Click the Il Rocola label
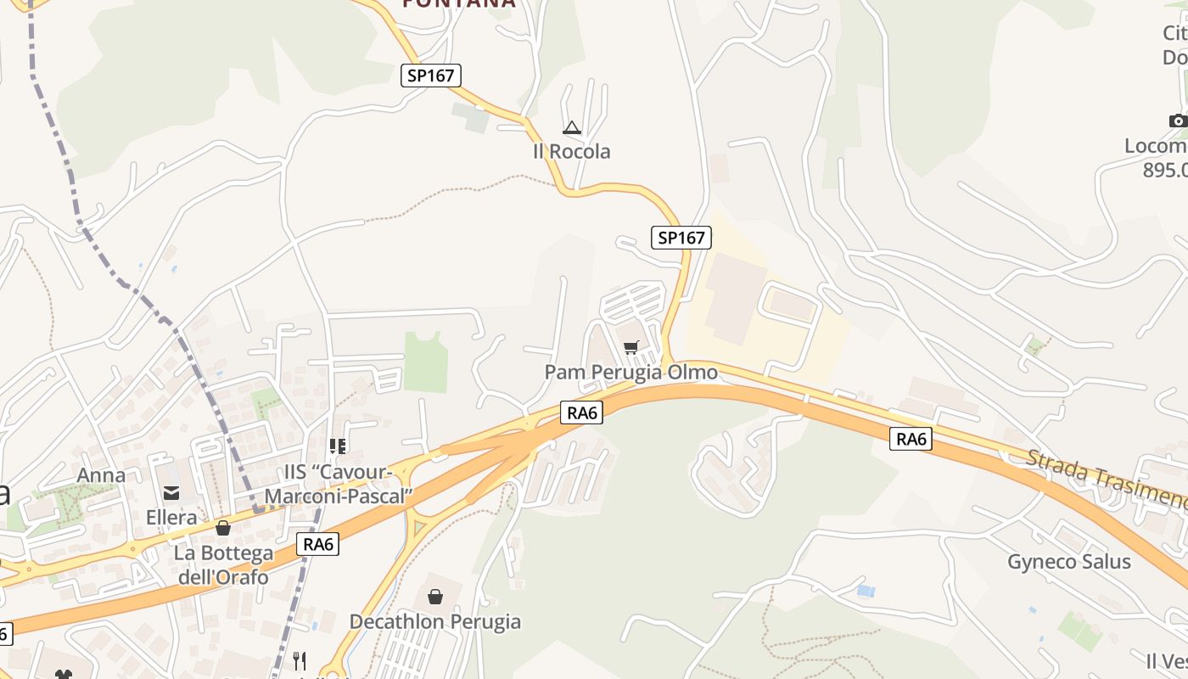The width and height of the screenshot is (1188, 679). pos(571,151)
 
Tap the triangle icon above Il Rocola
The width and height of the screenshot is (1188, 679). pos(572,128)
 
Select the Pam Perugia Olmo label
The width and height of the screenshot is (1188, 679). pos(630,372)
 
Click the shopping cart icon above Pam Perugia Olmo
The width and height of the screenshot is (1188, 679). pos(630,347)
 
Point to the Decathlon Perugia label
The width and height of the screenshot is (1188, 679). pos(435,621)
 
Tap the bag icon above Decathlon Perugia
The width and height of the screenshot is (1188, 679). pos(435,597)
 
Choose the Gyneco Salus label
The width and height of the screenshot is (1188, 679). pos(1069,561)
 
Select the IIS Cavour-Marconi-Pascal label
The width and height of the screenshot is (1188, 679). pos(339,484)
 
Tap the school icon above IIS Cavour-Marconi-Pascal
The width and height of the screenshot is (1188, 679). pos(338,446)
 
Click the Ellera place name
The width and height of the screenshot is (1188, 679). pos(171,517)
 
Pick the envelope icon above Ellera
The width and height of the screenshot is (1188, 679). pos(171,492)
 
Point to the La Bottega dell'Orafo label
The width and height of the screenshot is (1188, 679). pos(223,565)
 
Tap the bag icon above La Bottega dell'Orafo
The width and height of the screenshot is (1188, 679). pos(223,528)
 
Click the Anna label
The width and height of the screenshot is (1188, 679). pos(101,475)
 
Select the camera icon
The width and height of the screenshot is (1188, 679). pos(1178,121)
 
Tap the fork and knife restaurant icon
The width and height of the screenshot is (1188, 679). pos(299,660)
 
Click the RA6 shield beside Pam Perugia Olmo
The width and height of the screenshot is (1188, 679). pos(581,413)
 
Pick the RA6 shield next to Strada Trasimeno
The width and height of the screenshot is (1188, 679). pos(911,439)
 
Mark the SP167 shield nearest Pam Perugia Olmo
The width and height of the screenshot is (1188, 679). pos(681,238)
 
